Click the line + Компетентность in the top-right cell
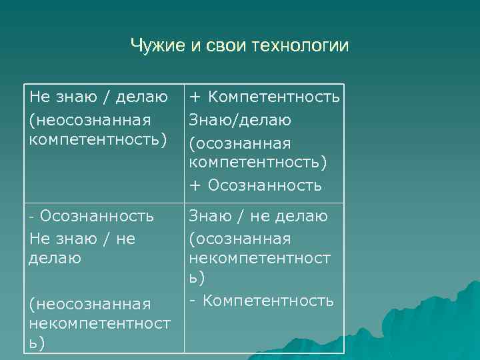[265, 97]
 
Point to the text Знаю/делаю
[240, 120]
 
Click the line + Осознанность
[255, 185]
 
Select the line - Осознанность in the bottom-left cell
[92, 216]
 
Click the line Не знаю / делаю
[99, 97]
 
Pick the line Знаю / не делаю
[259, 216]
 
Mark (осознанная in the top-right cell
[240, 143]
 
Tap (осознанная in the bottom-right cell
[240, 238]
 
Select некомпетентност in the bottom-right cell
[259, 259]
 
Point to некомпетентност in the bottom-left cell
[99, 324]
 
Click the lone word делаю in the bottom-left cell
[55, 258]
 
